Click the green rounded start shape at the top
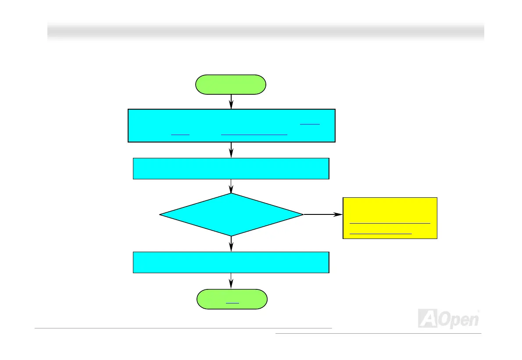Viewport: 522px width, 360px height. point(231,85)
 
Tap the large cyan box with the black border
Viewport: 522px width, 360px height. point(231,126)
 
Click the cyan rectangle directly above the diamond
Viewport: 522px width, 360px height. point(231,169)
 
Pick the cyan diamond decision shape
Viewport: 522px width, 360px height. point(231,215)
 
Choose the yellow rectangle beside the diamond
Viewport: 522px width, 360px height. point(390,218)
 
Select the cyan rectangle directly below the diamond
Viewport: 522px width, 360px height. point(231,262)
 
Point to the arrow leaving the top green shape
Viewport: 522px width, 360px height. point(231,102)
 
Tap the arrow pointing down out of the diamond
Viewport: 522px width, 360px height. point(231,244)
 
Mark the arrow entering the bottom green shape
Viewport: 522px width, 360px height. point(231,281)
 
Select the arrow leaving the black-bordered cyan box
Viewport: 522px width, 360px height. point(231,150)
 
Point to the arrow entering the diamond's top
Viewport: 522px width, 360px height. point(231,186)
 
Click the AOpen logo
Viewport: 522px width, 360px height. point(448,318)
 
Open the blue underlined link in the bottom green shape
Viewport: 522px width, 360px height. point(232,303)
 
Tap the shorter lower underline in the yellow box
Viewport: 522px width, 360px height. point(381,234)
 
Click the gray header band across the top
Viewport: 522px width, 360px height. point(265,31)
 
